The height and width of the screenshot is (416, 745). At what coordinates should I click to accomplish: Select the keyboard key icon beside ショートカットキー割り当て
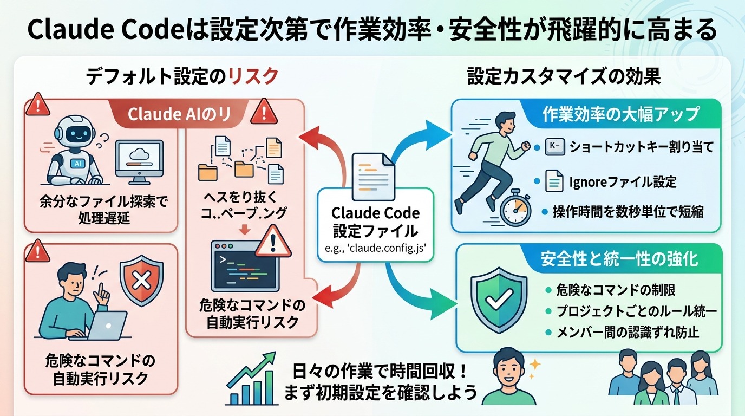click(553, 146)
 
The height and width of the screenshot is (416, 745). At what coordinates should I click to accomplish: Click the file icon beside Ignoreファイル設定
click(553, 181)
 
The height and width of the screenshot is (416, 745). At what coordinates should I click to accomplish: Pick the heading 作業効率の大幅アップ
click(620, 115)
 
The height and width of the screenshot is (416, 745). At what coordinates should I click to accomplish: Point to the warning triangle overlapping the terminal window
click(273, 242)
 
